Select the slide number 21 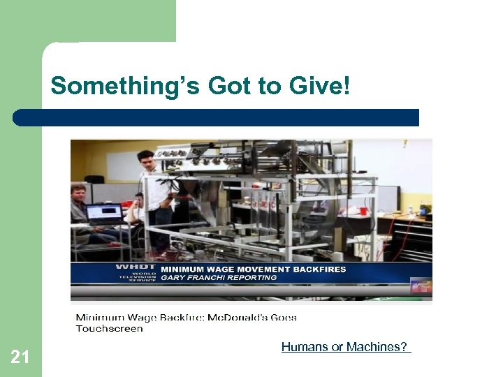click(x=20, y=357)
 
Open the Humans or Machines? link click(x=346, y=346)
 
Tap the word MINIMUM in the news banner click(x=184, y=269)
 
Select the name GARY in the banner click(x=175, y=277)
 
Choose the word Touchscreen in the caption click(x=109, y=328)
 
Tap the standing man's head click(x=145, y=159)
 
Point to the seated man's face click(x=78, y=193)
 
